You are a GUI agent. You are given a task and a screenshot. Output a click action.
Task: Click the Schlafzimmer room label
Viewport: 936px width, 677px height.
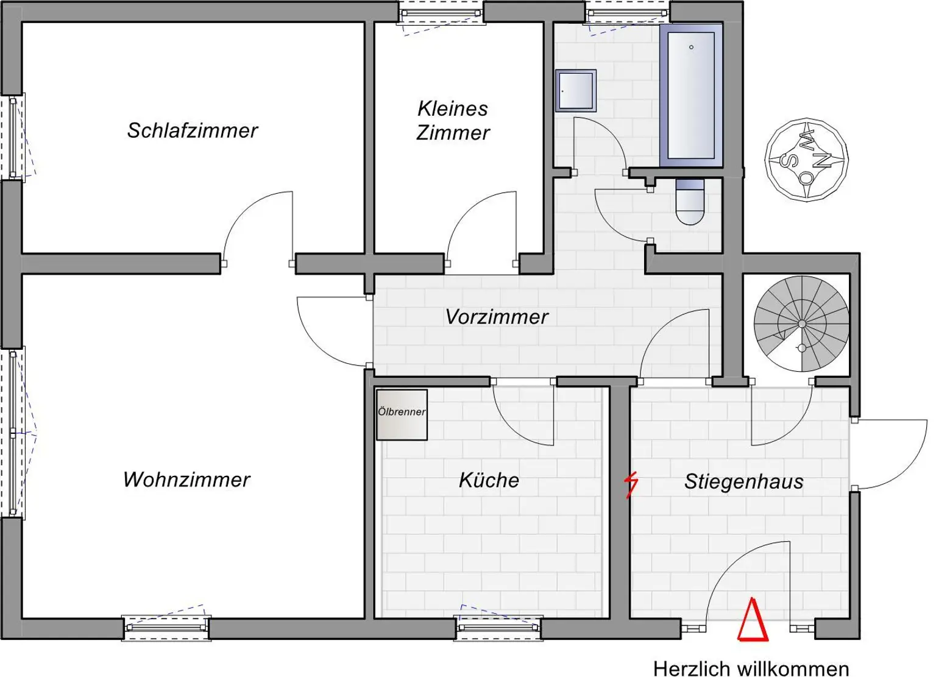192,130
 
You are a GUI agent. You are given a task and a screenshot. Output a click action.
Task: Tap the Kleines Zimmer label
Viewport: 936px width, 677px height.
453,121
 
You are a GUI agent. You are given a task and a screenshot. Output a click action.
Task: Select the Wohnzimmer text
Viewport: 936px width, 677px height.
186,480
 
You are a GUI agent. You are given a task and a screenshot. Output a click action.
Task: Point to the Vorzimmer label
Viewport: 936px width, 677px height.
497,317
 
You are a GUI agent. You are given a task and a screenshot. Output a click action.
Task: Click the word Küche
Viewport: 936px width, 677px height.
489,480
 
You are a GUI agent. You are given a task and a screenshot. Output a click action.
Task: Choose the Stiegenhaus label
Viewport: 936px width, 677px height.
743,481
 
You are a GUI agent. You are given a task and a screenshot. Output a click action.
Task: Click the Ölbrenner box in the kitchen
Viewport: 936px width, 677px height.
402,415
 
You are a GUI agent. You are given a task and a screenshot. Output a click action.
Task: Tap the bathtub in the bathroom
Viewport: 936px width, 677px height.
691,95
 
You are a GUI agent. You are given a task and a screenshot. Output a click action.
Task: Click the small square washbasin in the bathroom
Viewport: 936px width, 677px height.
575,91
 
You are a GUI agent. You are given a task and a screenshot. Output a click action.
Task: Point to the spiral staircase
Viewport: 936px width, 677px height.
801,324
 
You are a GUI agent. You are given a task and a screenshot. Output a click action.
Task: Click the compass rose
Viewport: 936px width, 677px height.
806,160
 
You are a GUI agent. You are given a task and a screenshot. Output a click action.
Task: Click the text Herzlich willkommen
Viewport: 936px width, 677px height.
751,668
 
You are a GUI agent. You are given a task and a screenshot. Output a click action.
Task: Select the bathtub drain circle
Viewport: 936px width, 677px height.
691,47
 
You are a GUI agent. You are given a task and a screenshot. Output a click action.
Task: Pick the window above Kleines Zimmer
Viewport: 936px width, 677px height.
442,13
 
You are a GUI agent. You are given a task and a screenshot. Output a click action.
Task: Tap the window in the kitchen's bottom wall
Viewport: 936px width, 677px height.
499,628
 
